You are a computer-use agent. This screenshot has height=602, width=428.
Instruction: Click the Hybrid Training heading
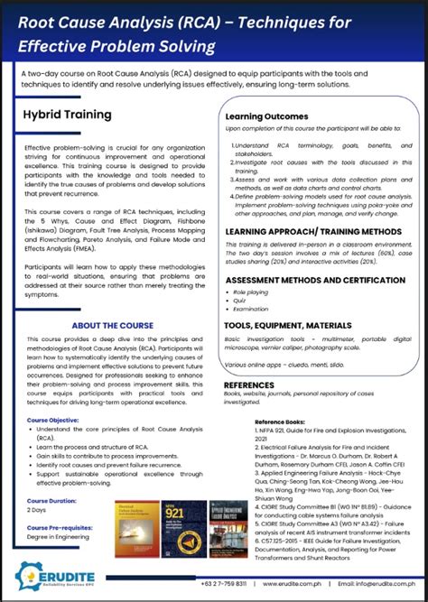(x=68, y=115)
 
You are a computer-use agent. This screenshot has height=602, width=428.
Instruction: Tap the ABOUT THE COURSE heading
(x=113, y=325)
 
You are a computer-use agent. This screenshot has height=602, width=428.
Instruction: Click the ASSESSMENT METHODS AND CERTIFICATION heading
(x=315, y=281)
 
